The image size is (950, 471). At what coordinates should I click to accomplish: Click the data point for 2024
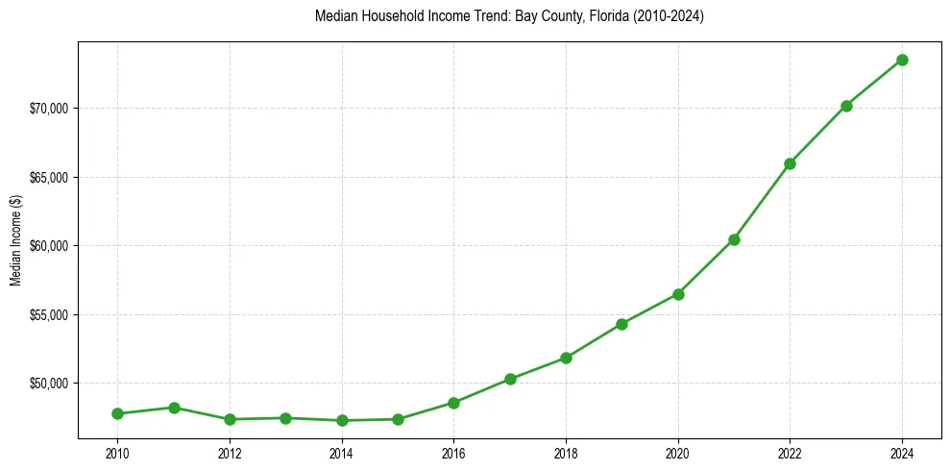click(902, 60)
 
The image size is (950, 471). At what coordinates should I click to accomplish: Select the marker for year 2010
click(117, 413)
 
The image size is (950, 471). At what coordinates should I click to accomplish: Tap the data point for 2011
click(174, 408)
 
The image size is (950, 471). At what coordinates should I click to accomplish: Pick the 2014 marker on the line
click(342, 420)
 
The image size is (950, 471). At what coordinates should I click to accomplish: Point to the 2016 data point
click(453, 403)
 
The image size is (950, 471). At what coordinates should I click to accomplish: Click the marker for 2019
click(621, 324)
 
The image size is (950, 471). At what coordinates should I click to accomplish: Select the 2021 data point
click(734, 239)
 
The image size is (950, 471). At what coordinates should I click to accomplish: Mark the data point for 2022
click(790, 163)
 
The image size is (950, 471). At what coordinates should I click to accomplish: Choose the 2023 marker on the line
click(846, 106)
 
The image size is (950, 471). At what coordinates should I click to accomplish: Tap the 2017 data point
click(510, 379)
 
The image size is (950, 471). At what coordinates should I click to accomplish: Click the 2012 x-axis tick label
click(230, 453)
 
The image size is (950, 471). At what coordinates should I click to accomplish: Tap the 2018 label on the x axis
click(566, 453)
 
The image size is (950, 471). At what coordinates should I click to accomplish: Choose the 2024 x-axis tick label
click(902, 453)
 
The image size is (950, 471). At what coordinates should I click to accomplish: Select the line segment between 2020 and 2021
click(706, 267)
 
